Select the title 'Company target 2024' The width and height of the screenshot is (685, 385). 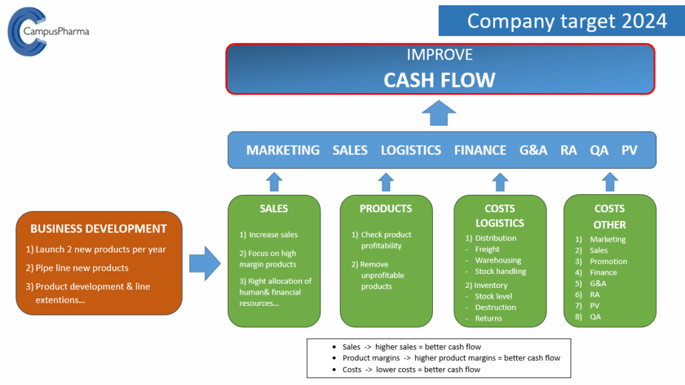tap(567, 21)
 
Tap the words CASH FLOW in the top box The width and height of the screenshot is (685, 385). tap(439, 80)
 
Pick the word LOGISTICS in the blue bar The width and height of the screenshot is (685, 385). tap(411, 150)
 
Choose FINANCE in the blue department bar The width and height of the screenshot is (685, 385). tap(480, 150)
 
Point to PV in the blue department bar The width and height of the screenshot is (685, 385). tap(629, 150)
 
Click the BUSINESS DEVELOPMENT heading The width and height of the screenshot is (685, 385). tap(98, 228)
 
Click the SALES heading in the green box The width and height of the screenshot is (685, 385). tap(274, 209)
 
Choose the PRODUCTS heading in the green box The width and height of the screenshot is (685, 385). tap(386, 209)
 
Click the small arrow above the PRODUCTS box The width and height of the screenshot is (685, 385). tap(386, 181)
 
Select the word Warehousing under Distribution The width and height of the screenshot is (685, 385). tap(498, 260)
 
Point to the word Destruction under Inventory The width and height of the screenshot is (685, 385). tap(495, 307)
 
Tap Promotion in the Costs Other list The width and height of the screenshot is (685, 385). tap(608, 261)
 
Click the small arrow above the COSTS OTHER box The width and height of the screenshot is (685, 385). tap(609, 181)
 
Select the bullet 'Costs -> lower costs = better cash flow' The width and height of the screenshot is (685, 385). tap(411, 369)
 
